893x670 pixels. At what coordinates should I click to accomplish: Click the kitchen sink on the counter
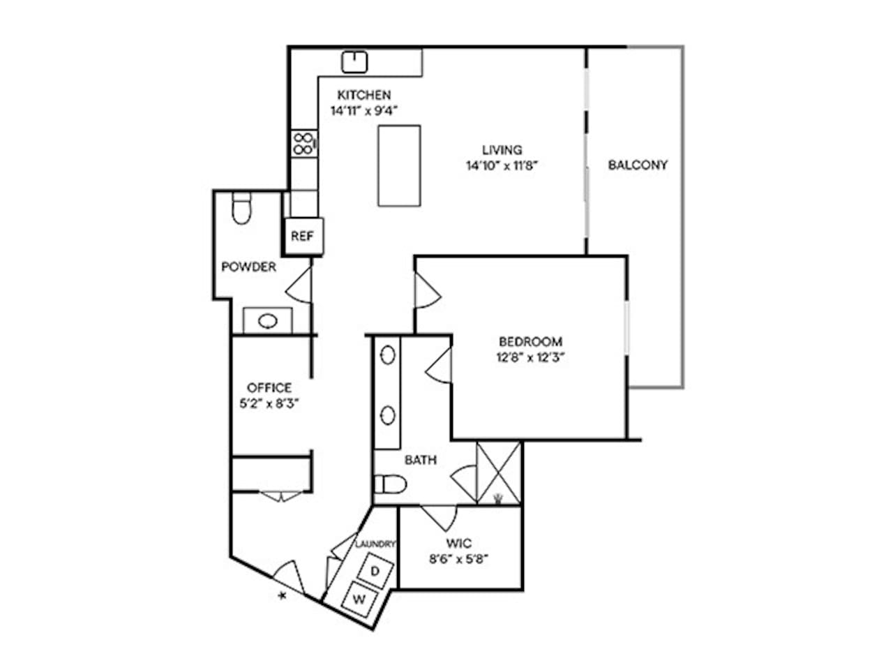(x=354, y=62)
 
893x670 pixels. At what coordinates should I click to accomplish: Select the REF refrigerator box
(x=303, y=236)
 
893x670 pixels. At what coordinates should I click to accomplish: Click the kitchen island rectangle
(x=398, y=165)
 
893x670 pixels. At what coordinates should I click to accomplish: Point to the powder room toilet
(x=241, y=207)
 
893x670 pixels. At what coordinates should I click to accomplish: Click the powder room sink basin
(x=267, y=321)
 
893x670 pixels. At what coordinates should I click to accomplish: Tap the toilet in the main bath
(x=390, y=484)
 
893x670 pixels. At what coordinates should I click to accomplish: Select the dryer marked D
(x=375, y=571)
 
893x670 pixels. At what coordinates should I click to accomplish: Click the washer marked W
(x=359, y=599)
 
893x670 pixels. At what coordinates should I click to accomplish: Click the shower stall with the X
(x=498, y=472)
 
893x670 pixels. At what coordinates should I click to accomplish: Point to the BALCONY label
(x=638, y=165)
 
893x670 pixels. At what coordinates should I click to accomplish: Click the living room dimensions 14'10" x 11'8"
(x=502, y=165)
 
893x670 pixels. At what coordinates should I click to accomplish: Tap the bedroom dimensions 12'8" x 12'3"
(x=530, y=357)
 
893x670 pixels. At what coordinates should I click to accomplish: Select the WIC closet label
(x=458, y=543)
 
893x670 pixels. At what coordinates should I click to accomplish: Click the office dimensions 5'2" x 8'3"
(x=269, y=403)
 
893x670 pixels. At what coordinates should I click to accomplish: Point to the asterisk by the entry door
(x=282, y=596)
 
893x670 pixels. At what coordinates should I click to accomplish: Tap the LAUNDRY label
(x=375, y=544)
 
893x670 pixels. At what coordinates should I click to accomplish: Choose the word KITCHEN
(x=363, y=95)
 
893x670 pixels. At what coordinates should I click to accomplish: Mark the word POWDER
(x=248, y=267)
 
